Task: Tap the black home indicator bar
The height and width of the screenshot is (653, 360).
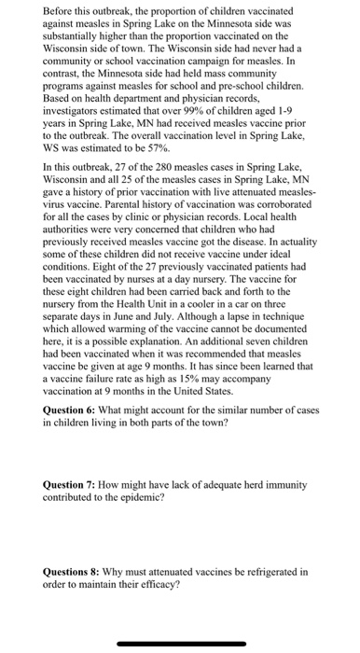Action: [x=180, y=643]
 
